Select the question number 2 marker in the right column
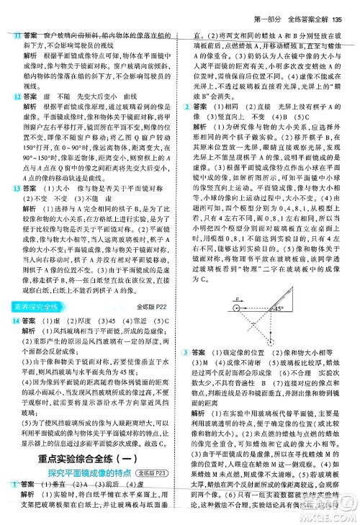pyautogui.click(x=188, y=107)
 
